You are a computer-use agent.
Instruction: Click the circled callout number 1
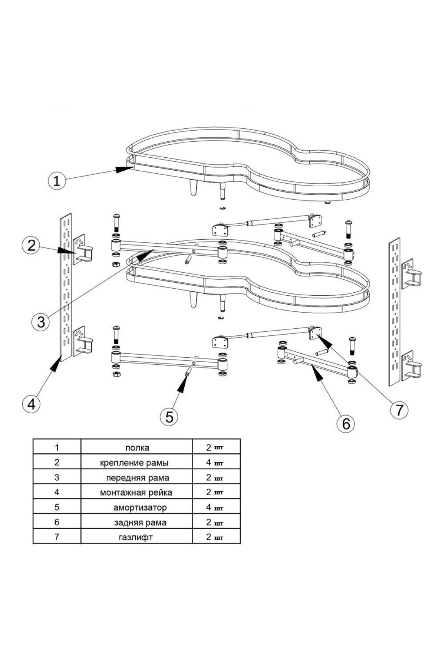(57, 181)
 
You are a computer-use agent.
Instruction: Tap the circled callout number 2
(31, 245)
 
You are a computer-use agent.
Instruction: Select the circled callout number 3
(41, 322)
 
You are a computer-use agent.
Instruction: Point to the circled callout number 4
(31, 403)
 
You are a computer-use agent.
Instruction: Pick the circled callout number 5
(169, 417)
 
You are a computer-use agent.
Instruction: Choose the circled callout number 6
(346, 423)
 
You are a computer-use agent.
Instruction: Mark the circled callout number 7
(399, 410)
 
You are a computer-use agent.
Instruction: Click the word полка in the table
(137, 448)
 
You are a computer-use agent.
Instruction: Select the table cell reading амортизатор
(140, 507)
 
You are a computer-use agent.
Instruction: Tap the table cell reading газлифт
(136, 537)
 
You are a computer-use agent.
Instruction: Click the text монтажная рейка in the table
(136, 492)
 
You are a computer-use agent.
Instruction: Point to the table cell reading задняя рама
(140, 522)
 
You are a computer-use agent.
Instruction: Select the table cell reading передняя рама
(137, 478)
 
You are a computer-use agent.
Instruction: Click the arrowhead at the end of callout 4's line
(56, 365)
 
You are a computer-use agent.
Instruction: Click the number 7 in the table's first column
(57, 537)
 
